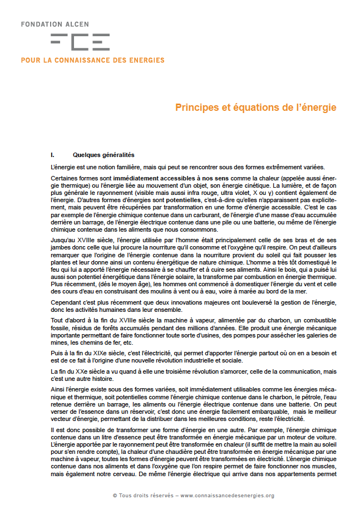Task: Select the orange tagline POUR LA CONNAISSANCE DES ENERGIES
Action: (x=92, y=60)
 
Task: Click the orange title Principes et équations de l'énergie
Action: (x=256, y=107)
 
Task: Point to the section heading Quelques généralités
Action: (x=103, y=155)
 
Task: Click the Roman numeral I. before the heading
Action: (x=52, y=155)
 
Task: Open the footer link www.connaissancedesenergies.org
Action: (x=227, y=495)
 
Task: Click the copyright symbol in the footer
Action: (x=115, y=495)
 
